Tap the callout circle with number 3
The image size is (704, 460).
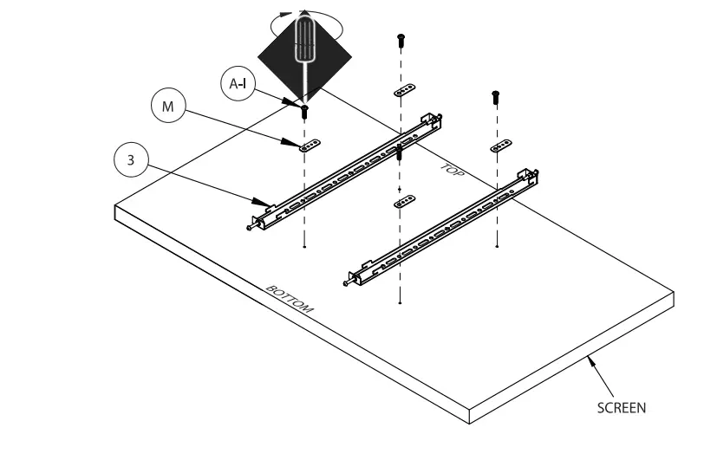point(131,160)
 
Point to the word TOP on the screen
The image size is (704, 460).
point(452,172)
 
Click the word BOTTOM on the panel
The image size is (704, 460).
point(290,299)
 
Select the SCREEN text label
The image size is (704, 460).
point(622,407)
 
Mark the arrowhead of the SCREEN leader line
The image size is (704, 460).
point(590,356)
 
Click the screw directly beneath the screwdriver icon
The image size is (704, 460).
point(304,110)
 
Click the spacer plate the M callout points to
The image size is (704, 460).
point(309,146)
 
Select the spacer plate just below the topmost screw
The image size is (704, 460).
point(404,90)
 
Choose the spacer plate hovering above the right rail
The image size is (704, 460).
point(500,147)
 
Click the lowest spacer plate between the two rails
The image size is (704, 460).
point(403,203)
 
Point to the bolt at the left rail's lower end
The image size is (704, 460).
point(252,228)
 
